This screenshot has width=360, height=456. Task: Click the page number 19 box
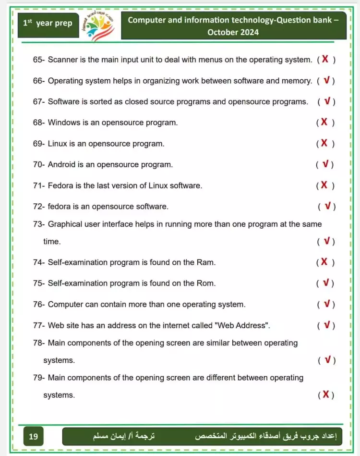[33, 436]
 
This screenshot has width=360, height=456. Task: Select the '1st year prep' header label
[48, 23]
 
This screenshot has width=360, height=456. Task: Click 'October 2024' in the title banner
[233, 32]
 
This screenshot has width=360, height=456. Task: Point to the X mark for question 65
[325, 59]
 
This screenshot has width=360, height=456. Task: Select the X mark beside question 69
[324, 143]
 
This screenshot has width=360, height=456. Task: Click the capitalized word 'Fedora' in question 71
[60, 185]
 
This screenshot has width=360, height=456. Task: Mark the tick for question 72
[327, 206]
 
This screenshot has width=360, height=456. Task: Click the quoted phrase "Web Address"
[242, 325]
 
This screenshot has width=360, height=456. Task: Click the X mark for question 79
[326, 394]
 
